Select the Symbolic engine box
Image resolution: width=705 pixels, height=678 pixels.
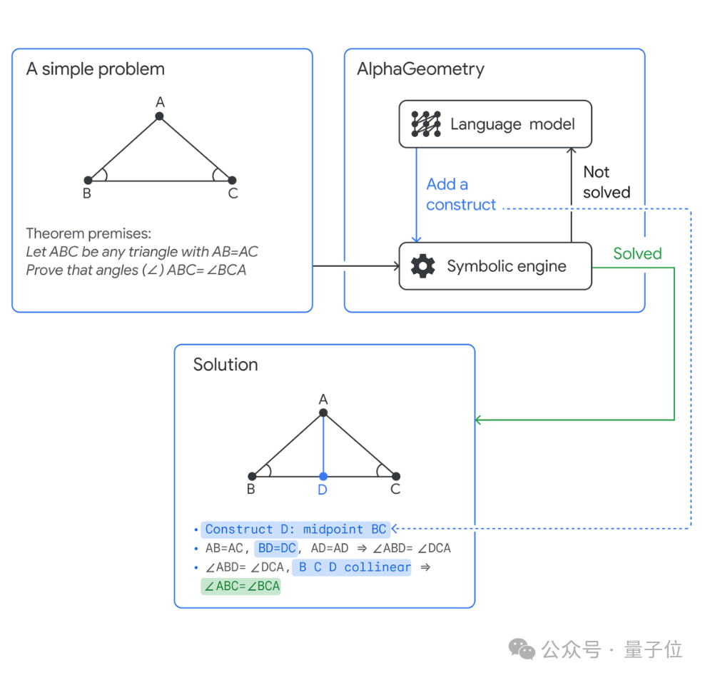point(495,266)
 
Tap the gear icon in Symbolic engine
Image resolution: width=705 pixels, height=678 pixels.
point(423,266)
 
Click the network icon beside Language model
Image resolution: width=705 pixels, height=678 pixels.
point(426,124)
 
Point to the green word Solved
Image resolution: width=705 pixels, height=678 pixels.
point(637,253)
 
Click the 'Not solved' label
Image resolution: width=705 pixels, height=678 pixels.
point(607,182)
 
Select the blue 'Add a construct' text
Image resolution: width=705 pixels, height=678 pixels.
point(460,194)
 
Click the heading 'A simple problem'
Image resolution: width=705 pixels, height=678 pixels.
point(95,69)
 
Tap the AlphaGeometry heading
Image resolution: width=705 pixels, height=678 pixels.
point(420,69)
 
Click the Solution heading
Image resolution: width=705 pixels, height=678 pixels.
point(225,365)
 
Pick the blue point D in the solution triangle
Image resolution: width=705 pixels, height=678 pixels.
point(323,476)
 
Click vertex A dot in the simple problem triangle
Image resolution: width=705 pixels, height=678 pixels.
point(160,116)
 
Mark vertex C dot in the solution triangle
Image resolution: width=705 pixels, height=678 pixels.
point(396,476)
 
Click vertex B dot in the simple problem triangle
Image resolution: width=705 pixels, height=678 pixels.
point(88,181)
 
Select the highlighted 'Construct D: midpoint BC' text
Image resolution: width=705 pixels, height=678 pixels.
point(295,530)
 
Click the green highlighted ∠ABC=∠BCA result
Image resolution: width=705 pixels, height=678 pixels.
point(241,587)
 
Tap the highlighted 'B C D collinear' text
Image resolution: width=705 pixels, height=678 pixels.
point(352,567)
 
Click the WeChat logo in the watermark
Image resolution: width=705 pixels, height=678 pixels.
point(522,649)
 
